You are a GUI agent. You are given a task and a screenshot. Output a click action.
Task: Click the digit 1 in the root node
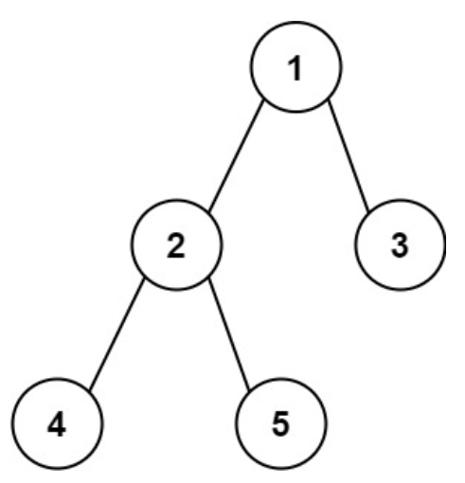point(295,68)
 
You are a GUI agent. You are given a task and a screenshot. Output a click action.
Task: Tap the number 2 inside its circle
point(176,245)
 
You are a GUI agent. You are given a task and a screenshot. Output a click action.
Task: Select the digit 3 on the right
point(400,245)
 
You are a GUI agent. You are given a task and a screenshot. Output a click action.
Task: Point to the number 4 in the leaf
point(57,424)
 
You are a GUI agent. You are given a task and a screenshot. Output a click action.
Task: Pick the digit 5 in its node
point(280,424)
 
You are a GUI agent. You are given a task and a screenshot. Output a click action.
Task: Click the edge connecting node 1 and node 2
point(236,155)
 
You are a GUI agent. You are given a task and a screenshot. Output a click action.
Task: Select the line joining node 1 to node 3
point(349,155)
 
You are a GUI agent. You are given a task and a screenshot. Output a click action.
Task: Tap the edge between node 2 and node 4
point(116,334)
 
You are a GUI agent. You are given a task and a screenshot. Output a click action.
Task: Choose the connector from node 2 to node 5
point(229,334)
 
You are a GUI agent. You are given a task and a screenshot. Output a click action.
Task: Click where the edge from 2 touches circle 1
point(263,100)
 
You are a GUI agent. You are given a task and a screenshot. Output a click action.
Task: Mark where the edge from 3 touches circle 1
point(329,100)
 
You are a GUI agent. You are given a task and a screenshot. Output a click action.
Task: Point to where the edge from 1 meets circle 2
point(209,211)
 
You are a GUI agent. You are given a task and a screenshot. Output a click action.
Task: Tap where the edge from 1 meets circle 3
point(368,211)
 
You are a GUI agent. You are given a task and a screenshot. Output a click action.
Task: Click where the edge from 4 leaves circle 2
point(144,279)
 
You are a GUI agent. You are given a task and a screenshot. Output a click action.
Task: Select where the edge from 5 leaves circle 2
point(209,279)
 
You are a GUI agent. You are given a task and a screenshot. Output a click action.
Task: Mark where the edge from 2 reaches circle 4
point(90,389)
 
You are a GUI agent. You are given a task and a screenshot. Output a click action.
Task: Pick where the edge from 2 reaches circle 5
point(250,389)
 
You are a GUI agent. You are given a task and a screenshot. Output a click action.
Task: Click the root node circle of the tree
point(295,22)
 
